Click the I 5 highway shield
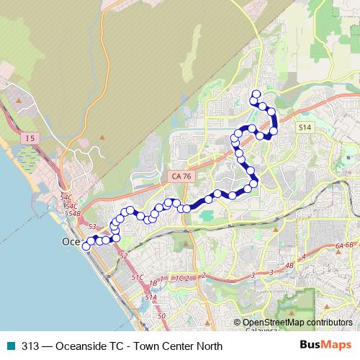(29, 138)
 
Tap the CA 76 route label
(179, 174)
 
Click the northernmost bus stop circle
(254, 94)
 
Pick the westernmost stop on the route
(86, 246)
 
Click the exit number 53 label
(91, 227)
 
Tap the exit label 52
(123, 256)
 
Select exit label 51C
(138, 276)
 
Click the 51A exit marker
(150, 297)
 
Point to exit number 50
(161, 315)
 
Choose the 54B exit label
(73, 213)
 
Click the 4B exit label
(290, 266)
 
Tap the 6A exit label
(340, 245)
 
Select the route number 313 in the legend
(30, 346)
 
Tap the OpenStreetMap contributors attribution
(297, 323)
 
